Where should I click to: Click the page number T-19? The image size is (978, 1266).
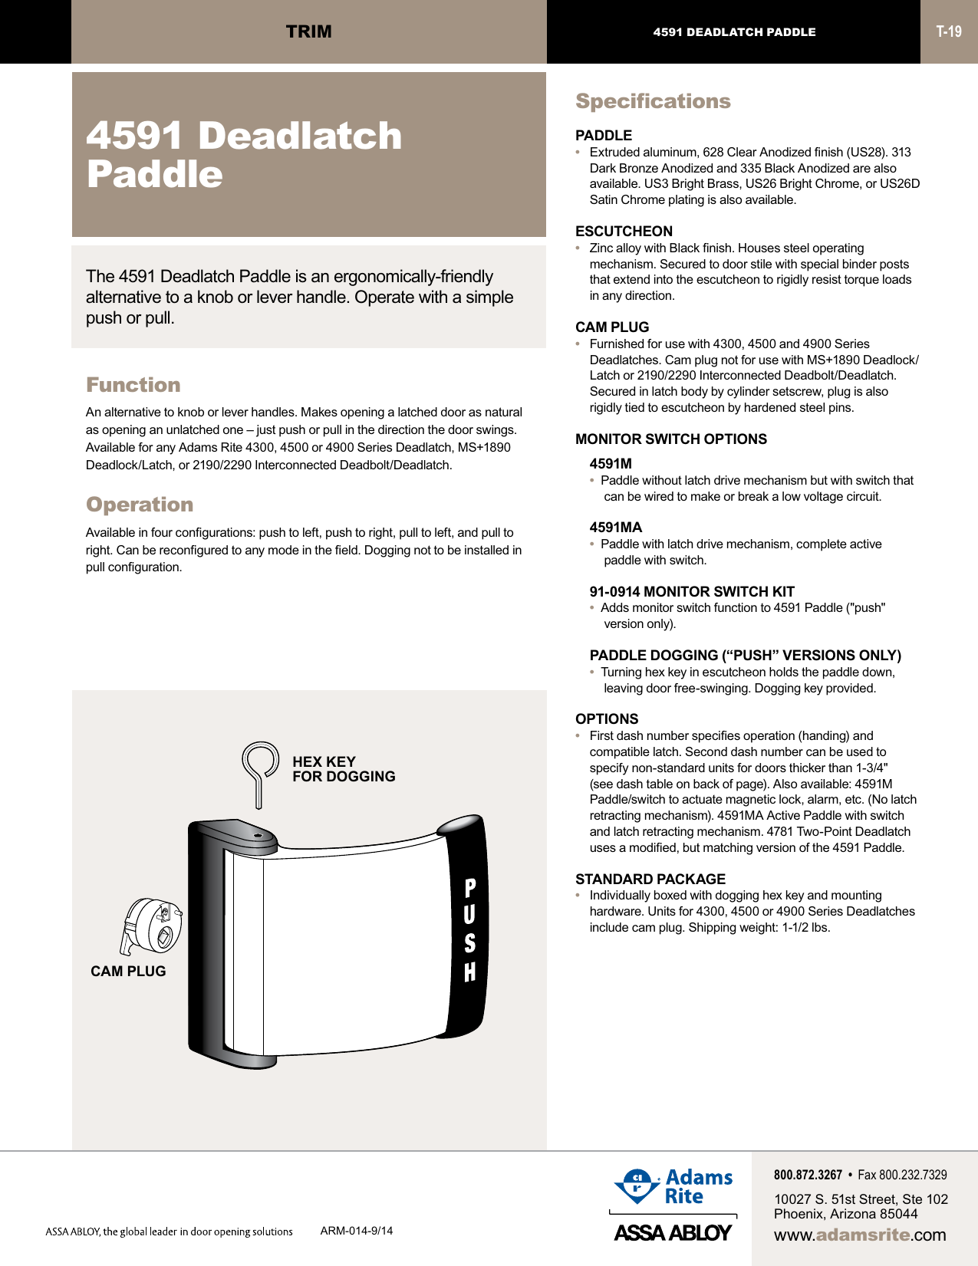point(949,31)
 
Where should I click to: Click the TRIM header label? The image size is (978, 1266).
point(309,31)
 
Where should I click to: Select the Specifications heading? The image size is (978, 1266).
point(653,101)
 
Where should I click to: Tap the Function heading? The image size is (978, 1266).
point(133,385)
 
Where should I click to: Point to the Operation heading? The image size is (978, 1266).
point(140,505)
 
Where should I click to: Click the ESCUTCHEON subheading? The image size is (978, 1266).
point(624,231)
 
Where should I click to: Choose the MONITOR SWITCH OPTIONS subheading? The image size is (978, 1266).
point(671,439)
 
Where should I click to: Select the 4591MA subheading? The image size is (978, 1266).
point(616,527)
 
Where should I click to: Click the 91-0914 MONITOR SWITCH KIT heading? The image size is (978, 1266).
point(692,591)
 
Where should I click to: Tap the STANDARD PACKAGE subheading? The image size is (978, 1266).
point(650,879)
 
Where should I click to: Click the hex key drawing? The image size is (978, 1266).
point(260,771)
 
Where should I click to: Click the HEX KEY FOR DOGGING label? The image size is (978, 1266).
point(344,769)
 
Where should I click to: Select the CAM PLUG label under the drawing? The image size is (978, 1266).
point(128,971)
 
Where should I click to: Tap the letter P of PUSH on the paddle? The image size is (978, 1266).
point(470,888)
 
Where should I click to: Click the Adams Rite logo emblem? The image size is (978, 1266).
point(636,1185)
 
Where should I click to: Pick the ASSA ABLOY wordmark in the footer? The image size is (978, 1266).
point(673,1232)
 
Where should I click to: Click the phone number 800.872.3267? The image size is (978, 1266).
point(808,1175)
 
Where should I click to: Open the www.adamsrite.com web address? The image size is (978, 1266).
point(860,1235)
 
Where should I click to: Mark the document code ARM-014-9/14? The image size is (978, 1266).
point(357,1231)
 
